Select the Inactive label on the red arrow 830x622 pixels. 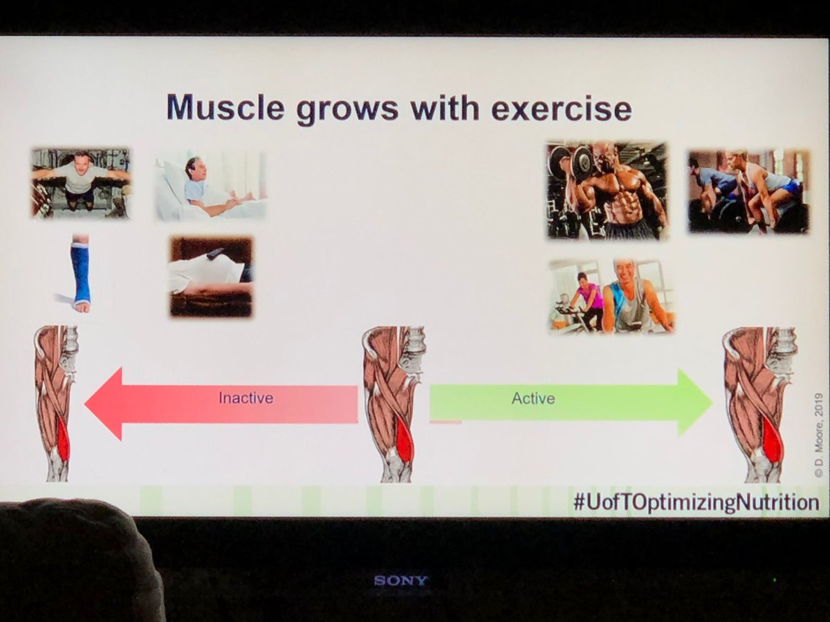[x=246, y=398]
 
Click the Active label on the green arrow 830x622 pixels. [x=533, y=399]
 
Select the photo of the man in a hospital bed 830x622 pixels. [x=210, y=185]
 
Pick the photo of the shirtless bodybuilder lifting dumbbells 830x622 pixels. [x=607, y=190]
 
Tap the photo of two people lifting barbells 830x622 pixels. [x=748, y=191]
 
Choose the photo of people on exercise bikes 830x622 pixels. [x=611, y=296]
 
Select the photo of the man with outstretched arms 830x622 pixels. [x=80, y=182]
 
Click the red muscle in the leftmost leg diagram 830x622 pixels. [x=63, y=438]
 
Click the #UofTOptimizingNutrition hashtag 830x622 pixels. [x=696, y=502]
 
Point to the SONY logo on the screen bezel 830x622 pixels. [x=400, y=581]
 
